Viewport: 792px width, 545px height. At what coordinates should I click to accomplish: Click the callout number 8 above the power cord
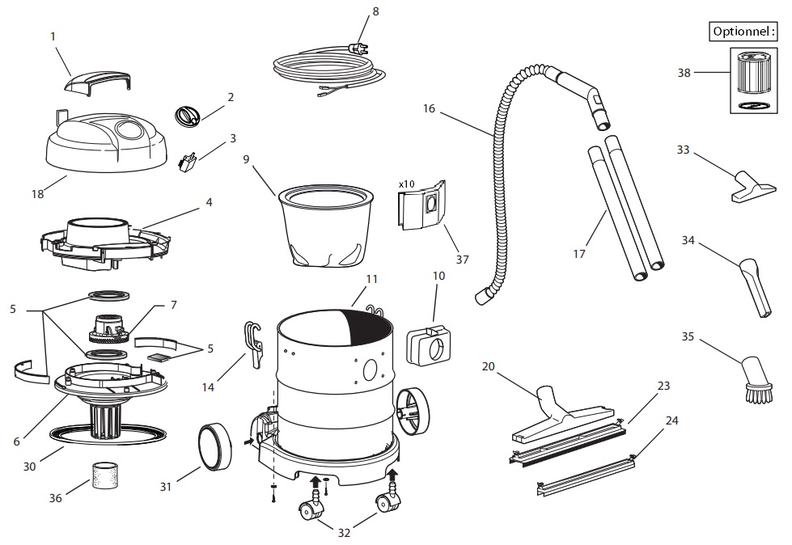pyautogui.click(x=375, y=11)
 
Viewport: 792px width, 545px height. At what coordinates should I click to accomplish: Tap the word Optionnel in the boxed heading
pyautogui.click(x=741, y=32)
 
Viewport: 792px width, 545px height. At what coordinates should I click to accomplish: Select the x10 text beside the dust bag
pyautogui.click(x=406, y=184)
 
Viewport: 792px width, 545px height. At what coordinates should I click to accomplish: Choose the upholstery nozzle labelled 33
pyautogui.click(x=748, y=186)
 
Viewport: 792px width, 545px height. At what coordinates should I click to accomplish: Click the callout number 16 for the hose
pyautogui.click(x=429, y=108)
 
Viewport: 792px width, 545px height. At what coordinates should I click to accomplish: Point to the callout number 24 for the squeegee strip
pyautogui.click(x=672, y=421)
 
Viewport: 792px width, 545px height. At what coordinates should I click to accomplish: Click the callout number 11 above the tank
pyautogui.click(x=371, y=279)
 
